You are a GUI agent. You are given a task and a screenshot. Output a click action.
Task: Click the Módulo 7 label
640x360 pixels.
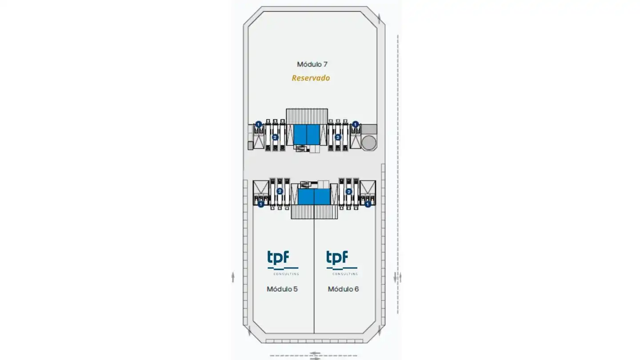point(312,64)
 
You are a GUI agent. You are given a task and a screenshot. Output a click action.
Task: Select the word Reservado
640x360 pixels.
point(311,78)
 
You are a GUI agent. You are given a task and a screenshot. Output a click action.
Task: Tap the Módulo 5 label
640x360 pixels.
point(282,289)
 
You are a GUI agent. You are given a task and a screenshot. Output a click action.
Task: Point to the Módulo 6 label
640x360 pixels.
point(343,289)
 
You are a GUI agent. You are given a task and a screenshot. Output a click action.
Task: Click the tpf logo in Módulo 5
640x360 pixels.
point(283,263)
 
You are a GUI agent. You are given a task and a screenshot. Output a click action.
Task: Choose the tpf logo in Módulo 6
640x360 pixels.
point(342,263)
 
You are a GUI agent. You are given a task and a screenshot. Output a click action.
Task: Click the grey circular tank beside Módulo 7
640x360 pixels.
point(369,143)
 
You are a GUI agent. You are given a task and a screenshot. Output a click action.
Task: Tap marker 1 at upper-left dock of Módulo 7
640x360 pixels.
point(259,124)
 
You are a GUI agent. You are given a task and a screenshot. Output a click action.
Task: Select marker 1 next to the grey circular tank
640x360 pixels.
point(355,124)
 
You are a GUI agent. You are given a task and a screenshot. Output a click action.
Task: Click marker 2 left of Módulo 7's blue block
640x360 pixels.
point(275,137)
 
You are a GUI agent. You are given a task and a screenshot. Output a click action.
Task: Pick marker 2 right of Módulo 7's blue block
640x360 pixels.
point(338,137)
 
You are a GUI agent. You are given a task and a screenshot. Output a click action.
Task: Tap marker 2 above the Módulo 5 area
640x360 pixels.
point(280,191)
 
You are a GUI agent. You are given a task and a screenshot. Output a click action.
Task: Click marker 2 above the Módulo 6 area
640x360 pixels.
point(348,192)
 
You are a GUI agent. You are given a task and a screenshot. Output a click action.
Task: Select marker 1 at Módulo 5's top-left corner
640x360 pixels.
point(260,204)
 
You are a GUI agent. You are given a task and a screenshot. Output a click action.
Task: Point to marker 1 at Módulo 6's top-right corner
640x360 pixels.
point(368,204)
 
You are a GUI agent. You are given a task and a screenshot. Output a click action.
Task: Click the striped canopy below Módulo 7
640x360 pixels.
point(307,116)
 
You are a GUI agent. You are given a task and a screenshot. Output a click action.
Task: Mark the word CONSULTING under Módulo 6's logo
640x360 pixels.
point(345,274)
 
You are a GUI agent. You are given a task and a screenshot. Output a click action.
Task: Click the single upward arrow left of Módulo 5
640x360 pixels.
point(233,277)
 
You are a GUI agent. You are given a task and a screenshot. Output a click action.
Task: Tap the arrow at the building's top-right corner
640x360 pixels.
point(379,19)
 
